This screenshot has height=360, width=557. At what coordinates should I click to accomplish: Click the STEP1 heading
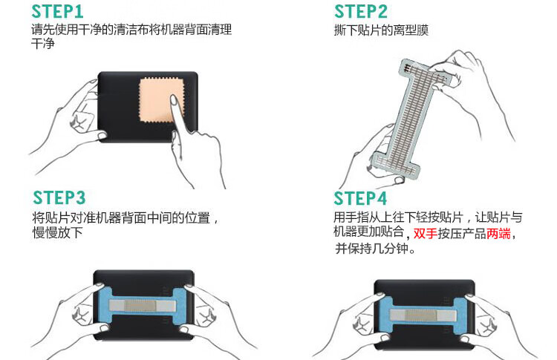click(57, 11)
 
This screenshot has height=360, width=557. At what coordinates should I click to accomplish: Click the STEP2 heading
click(361, 11)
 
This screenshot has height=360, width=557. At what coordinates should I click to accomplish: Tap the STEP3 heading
click(59, 197)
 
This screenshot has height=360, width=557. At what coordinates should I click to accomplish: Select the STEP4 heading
click(360, 198)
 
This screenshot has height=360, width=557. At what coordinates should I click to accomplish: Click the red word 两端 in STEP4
click(498, 233)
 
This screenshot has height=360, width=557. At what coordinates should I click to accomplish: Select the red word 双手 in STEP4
click(426, 233)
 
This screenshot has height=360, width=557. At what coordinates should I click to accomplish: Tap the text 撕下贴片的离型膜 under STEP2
click(381, 30)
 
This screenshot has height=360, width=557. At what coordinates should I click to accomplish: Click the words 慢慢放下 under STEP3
click(57, 232)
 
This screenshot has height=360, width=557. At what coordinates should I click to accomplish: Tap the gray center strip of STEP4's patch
click(423, 315)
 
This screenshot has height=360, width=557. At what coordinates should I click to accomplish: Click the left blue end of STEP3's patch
click(104, 305)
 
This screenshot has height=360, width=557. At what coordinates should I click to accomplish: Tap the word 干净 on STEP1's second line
click(43, 44)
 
